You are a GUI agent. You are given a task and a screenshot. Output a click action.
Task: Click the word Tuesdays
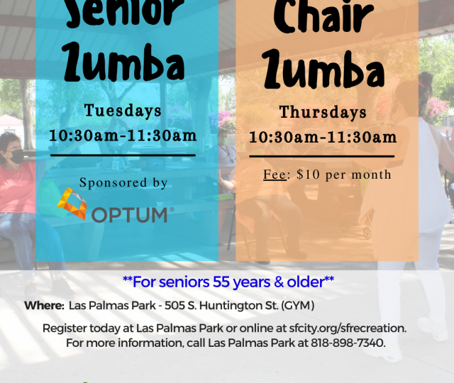click(123, 111)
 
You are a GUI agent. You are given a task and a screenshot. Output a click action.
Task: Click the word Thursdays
click(323, 112)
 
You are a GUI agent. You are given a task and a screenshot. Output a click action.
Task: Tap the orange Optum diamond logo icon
click(72, 204)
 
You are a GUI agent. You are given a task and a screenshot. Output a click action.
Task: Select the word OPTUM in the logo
click(129, 215)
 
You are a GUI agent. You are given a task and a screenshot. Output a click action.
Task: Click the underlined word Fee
click(275, 174)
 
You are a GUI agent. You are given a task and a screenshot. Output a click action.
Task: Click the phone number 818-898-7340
click(347, 343)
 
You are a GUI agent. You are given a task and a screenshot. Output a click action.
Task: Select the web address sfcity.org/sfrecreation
click(348, 328)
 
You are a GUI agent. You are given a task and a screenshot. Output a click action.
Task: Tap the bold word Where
click(44, 306)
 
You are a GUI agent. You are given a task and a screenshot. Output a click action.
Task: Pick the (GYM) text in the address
click(298, 306)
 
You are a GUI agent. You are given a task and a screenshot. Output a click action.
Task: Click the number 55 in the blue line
click(221, 282)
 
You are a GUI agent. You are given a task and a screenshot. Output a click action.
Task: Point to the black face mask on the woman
click(14, 156)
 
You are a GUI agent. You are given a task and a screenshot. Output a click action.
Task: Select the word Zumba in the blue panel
click(124, 62)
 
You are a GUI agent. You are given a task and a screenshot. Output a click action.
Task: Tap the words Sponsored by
click(123, 183)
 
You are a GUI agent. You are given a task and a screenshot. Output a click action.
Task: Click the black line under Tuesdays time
click(123, 155)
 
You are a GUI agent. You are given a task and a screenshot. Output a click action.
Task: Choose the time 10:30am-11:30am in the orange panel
click(323, 137)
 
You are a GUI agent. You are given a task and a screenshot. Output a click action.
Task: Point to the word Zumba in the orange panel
click(324, 69)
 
